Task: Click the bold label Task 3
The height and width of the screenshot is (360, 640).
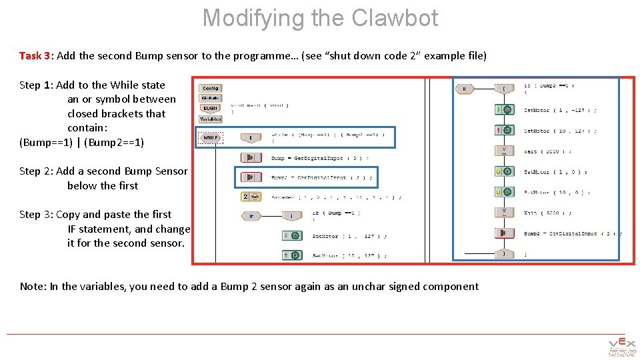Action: pos(35,55)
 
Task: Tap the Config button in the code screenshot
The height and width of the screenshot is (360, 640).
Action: pos(211,88)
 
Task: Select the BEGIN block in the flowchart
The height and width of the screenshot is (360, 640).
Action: pos(211,109)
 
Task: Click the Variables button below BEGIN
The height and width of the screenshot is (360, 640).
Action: pos(211,119)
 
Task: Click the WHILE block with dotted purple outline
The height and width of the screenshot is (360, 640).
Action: pos(211,138)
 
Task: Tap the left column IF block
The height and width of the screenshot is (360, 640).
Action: pos(251,216)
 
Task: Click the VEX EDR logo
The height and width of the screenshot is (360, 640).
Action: pos(621,348)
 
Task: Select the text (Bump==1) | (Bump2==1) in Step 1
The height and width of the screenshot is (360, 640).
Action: pos(82,142)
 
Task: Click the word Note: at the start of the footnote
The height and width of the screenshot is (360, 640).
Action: pos(33,287)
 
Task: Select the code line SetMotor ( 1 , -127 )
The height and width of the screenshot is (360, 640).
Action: pos(551,110)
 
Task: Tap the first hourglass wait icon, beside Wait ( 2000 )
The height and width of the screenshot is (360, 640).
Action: pos(504,151)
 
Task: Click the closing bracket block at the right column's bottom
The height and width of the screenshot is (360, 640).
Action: pos(504,254)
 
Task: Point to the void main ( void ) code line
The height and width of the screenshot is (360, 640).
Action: pos(260,105)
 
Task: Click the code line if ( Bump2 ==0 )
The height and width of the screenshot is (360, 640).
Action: pos(549,85)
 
